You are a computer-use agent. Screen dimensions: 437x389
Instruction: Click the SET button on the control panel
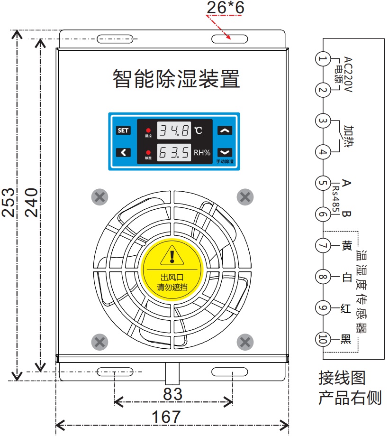[x=123, y=130]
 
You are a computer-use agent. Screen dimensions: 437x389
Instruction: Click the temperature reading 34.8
[x=174, y=130]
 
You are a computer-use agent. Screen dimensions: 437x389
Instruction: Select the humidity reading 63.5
[x=174, y=153]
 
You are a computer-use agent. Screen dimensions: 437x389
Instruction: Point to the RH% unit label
[x=202, y=153]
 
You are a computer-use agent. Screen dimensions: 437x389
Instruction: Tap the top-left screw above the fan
[x=100, y=196]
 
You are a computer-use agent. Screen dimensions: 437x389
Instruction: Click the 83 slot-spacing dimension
[x=172, y=394]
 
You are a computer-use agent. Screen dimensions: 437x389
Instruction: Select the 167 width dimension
[x=166, y=417]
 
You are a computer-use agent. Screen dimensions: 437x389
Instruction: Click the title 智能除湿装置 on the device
[x=176, y=78]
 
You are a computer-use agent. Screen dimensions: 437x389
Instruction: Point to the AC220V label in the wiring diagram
[x=349, y=74]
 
